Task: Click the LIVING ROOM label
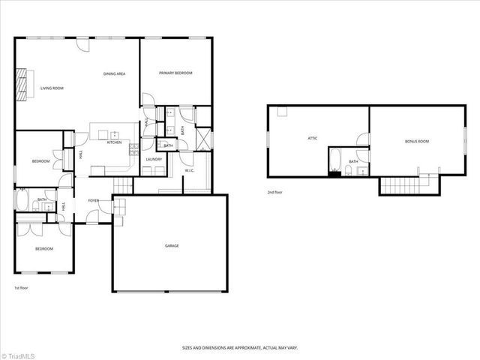(52, 88)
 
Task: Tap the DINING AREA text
(114, 73)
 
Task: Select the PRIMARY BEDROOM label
(175, 73)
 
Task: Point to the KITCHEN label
(114, 142)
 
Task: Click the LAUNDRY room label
(154, 159)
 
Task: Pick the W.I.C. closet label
(190, 171)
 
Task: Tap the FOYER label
(94, 201)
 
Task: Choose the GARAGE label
(172, 245)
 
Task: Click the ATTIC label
(313, 138)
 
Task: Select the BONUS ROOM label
(417, 141)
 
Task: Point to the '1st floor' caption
(22, 288)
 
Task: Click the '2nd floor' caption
(275, 193)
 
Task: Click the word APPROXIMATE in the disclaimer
(247, 347)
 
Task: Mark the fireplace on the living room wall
(22, 77)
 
